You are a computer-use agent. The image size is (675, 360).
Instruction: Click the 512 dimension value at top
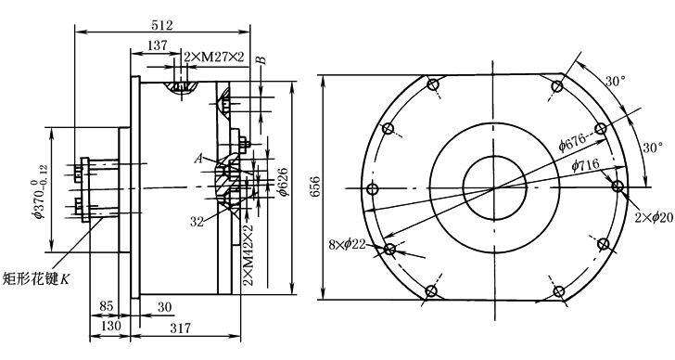point(162,25)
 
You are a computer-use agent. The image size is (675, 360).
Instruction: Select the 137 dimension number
point(157,45)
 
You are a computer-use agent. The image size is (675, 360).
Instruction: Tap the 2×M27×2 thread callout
point(214,57)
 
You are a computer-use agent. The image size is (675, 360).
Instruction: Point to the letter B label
point(262,59)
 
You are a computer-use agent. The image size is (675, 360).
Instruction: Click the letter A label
point(198,159)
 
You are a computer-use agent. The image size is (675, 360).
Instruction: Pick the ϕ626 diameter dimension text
point(284,181)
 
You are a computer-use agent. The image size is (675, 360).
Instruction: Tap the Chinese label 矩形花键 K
point(36,279)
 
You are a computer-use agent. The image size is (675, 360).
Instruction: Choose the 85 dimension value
point(107,306)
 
